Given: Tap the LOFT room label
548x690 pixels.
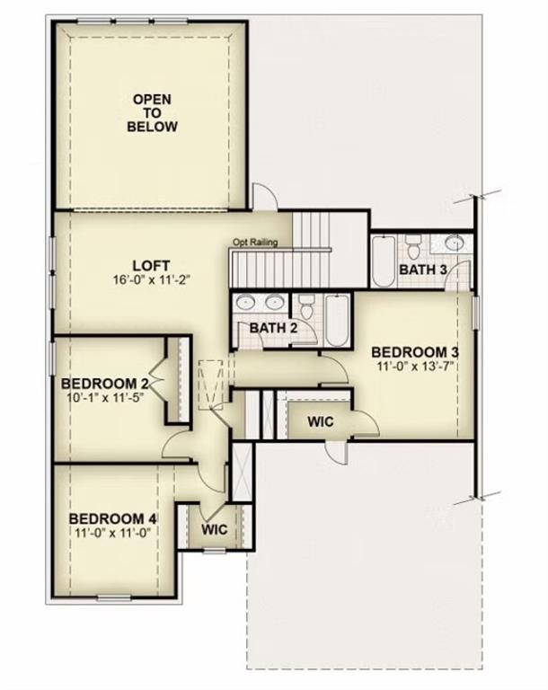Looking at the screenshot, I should click(151, 265).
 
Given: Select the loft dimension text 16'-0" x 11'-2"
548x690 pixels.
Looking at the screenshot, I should click(151, 279).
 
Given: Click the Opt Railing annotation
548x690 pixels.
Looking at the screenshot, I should click(255, 242).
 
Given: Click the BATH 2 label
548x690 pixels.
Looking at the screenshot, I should click(273, 327).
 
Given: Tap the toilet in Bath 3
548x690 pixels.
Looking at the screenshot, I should click(413, 245).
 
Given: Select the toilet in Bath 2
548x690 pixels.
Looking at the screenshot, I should click(306, 308).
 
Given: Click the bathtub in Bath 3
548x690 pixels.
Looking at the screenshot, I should click(383, 261).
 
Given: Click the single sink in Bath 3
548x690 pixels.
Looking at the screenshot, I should click(455, 243).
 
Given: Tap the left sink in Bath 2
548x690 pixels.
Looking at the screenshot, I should click(247, 304).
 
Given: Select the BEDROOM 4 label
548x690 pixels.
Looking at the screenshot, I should click(113, 518).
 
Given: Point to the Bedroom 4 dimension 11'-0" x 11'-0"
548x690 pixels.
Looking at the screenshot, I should click(113, 533).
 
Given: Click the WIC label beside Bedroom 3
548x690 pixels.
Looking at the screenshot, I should click(322, 420).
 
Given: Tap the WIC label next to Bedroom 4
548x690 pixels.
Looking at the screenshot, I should click(214, 529).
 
